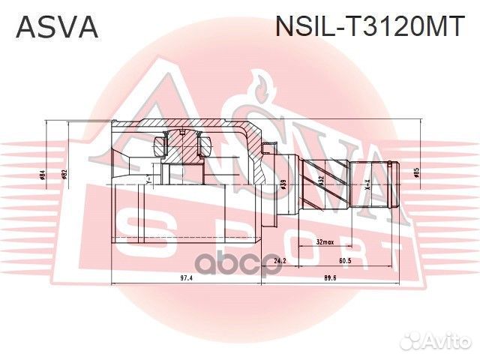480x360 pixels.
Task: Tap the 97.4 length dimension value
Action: point(187,278)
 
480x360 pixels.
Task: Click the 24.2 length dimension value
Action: point(279,261)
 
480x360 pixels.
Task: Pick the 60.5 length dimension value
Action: point(346,261)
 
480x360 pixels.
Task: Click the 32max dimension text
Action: point(325,243)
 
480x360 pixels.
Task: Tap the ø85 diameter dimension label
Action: point(415,173)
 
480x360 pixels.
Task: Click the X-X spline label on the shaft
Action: point(367,181)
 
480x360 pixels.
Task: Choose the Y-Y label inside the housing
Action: point(149,180)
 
